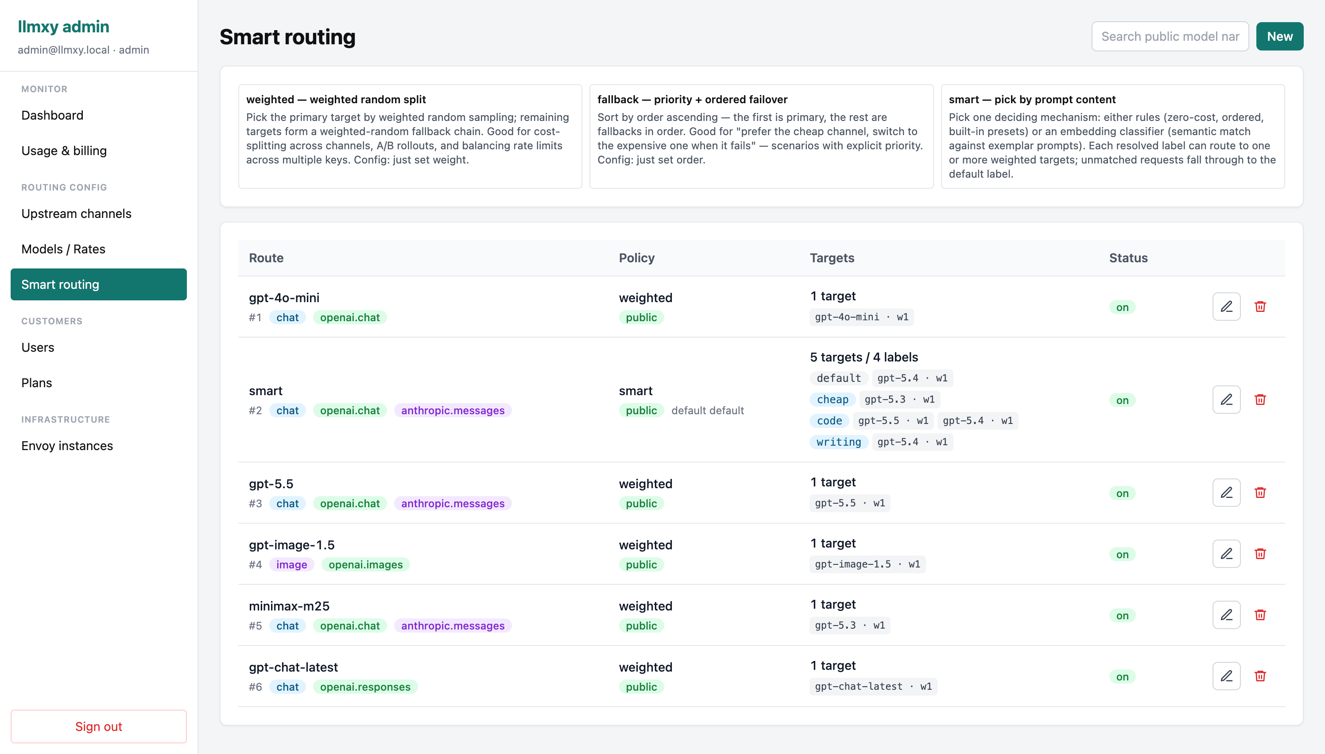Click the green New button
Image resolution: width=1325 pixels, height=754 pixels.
pos(1279,36)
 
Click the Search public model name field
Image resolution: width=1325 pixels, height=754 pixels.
pos(1170,36)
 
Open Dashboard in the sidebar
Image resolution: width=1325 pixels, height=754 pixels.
pos(52,115)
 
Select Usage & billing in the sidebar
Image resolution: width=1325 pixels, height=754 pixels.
pos(64,151)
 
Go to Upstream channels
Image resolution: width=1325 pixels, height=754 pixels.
pos(76,214)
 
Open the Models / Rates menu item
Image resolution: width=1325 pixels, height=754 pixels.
pos(63,249)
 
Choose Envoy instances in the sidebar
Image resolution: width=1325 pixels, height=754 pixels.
pos(67,446)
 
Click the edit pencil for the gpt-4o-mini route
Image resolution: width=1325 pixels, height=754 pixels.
pos(1226,307)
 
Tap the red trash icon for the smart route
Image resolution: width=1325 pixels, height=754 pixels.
pos(1260,399)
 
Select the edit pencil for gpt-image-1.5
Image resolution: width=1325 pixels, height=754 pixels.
pos(1226,554)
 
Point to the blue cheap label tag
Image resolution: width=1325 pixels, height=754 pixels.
pos(832,399)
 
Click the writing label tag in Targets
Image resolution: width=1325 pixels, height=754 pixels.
pos(838,442)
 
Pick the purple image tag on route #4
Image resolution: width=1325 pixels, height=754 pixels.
pos(291,564)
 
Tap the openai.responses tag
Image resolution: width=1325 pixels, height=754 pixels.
pos(365,687)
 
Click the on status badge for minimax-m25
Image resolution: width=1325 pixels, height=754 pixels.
pos(1122,615)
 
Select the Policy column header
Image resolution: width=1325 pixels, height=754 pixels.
pos(637,258)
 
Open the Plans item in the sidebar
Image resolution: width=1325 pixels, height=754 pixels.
pos(37,383)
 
